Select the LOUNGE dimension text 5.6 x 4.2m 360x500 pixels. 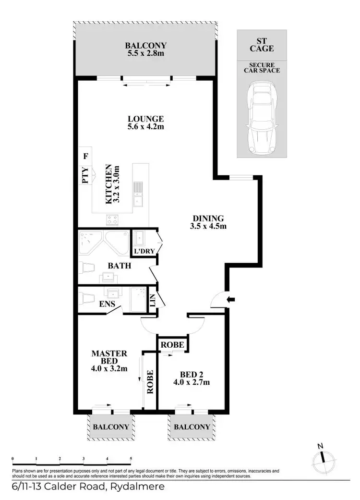click(146, 127)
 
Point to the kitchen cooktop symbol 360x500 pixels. click(113, 220)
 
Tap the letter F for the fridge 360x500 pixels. click(86, 157)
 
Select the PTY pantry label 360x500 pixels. click(85, 175)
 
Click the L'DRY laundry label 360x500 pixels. click(143, 251)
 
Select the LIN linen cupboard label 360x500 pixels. click(153, 300)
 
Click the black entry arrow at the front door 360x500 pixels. click(231, 300)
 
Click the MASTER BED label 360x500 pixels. click(109, 357)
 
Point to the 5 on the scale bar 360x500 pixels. click(131, 459)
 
